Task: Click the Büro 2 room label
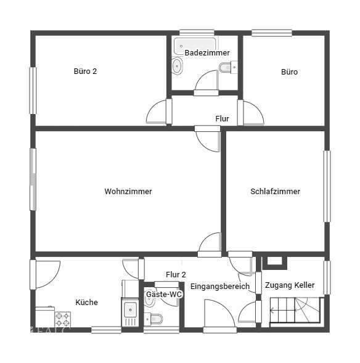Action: point(85,71)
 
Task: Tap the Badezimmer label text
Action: point(203,53)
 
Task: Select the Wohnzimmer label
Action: point(128,192)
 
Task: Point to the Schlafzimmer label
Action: point(275,192)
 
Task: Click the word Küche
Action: point(86,302)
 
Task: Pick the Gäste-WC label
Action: point(163,295)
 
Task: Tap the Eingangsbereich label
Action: point(219,287)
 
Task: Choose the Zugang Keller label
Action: point(290,285)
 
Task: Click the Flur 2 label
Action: point(176,274)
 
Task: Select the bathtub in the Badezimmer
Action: point(195,44)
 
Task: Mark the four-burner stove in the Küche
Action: point(63,319)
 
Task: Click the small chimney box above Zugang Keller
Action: point(274,261)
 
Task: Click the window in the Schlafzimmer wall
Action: point(327,186)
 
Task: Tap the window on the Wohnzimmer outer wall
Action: point(33,179)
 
